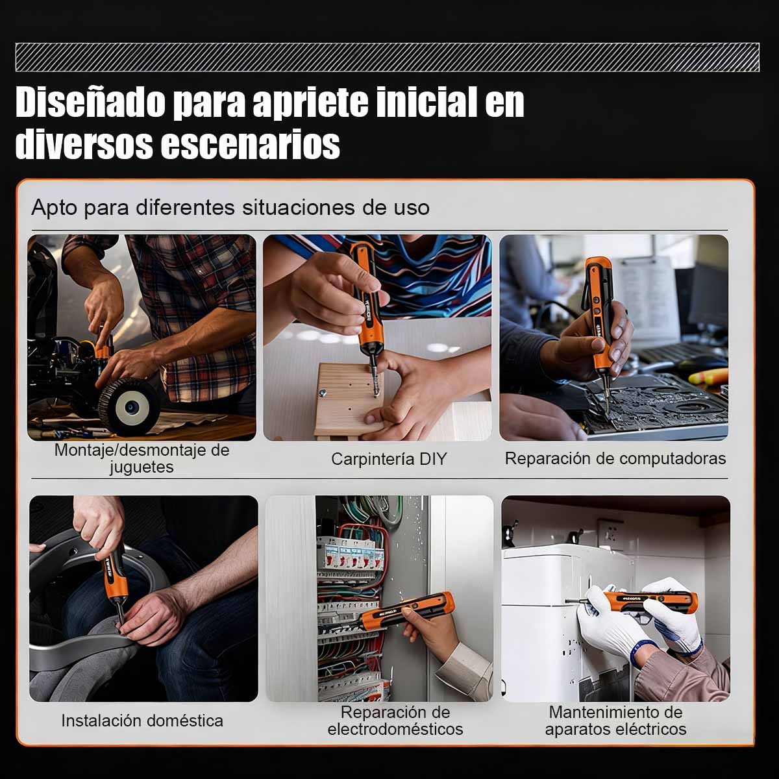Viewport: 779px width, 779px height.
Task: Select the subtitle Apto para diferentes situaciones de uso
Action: click(230, 208)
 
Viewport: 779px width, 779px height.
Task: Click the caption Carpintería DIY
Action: click(389, 459)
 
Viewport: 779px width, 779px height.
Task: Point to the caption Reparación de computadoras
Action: click(615, 458)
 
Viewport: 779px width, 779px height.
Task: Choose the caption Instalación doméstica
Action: click(142, 721)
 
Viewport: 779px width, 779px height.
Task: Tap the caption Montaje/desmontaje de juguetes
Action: click(142, 458)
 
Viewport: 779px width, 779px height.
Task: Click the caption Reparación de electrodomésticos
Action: click(395, 721)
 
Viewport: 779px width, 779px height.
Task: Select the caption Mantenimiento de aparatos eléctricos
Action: click(615, 721)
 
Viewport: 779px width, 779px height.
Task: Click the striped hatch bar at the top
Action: click(387, 57)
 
